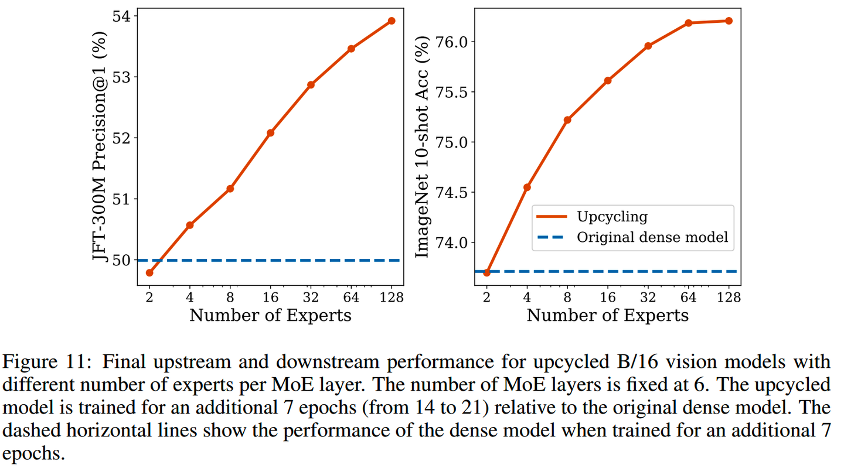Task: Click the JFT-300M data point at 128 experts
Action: click(392, 21)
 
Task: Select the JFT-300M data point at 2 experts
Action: click(149, 272)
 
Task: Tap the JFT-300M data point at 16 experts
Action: click(270, 133)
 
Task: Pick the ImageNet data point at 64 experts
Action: click(688, 23)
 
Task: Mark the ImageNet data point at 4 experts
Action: click(527, 187)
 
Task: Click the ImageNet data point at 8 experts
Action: click(567, 120)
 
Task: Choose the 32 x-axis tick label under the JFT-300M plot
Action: click(311, 298)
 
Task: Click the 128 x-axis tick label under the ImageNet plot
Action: click(729, 298)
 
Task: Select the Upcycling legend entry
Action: click(612, 217)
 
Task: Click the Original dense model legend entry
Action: click(652, 237)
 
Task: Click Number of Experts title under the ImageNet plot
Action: click(607, 316)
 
